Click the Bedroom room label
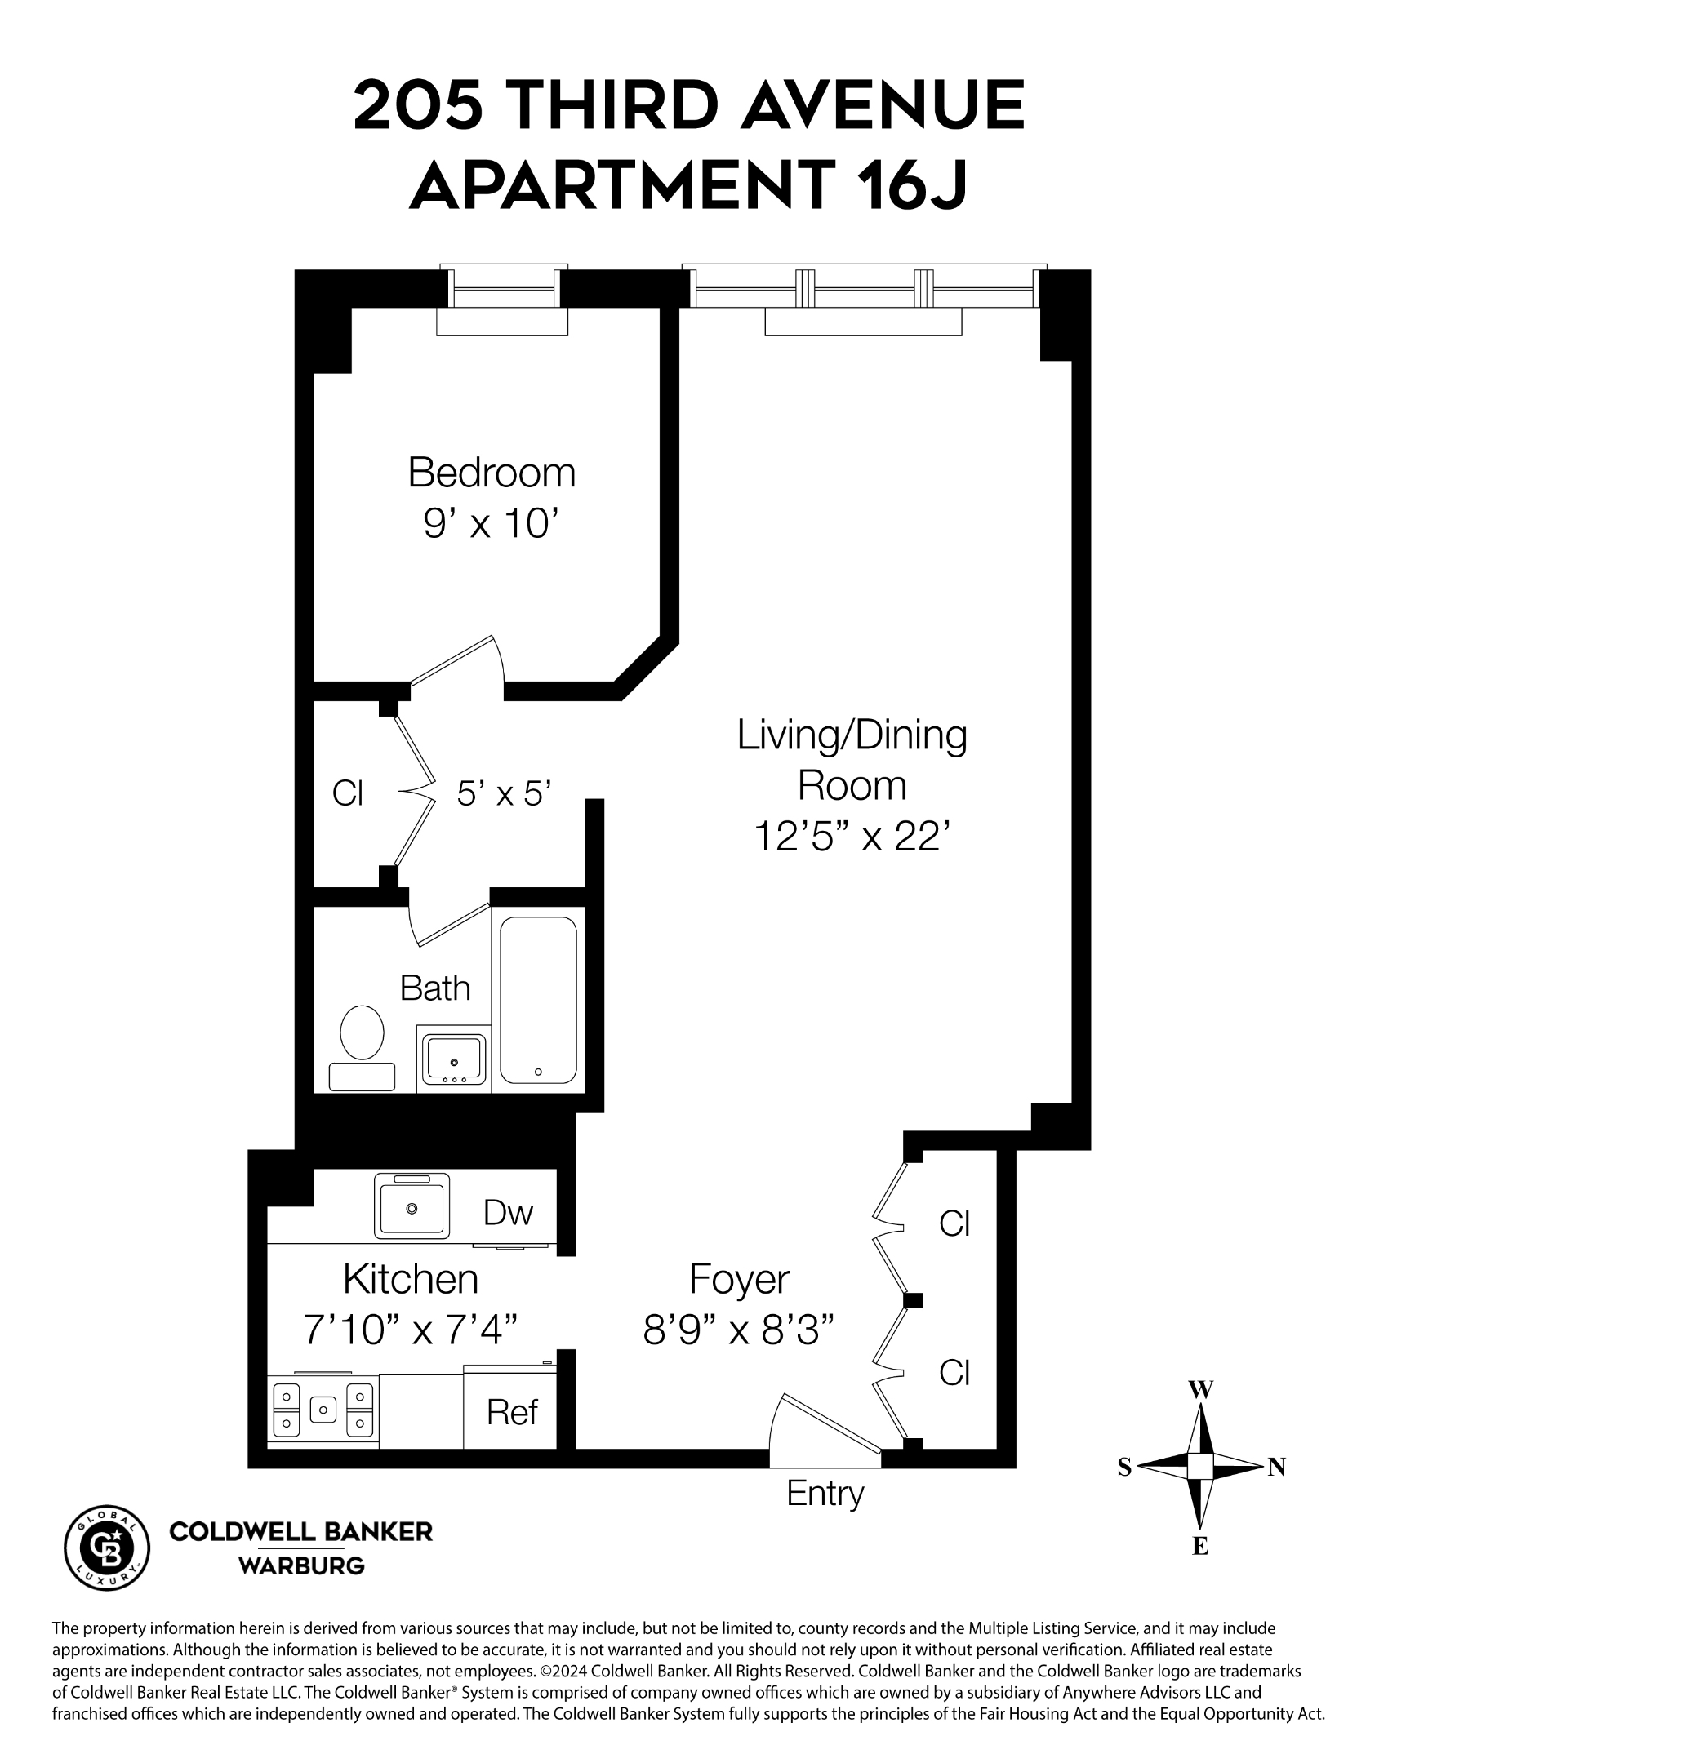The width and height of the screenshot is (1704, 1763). (492, 473)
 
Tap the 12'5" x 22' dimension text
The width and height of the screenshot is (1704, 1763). (851, 837)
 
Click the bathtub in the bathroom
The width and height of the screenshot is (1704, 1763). (538, 999)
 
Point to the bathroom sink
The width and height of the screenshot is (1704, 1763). (453, 1059)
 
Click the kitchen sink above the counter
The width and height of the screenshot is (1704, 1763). (412, 1206)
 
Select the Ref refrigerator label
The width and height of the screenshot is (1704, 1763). (511, 1412)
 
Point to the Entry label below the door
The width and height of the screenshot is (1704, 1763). (824, 1494)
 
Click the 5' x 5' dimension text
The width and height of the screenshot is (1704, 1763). (504, 793)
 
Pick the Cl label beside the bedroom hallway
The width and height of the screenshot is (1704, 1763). (347, 793)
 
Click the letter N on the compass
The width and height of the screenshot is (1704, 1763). (1275, 1467)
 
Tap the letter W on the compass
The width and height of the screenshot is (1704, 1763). (1200, 1390)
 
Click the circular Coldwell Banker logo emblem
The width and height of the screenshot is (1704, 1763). (107, 1548)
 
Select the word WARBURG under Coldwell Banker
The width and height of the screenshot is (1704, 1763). (300, 1566)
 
